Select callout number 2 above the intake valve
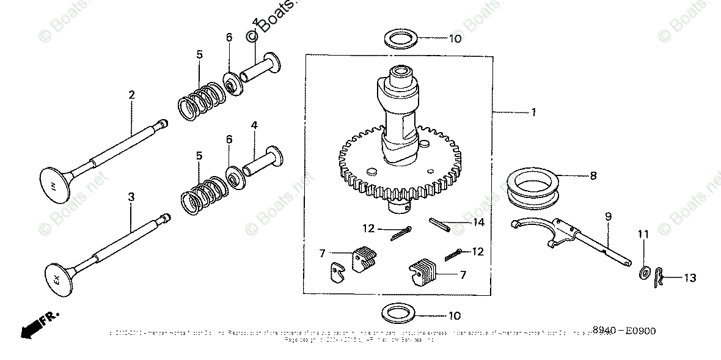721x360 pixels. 131,95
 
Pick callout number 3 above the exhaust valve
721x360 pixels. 131,197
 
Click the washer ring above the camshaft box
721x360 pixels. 401,39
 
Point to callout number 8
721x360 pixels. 592,176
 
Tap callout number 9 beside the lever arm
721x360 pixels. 609,216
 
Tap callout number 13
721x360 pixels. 690,278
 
